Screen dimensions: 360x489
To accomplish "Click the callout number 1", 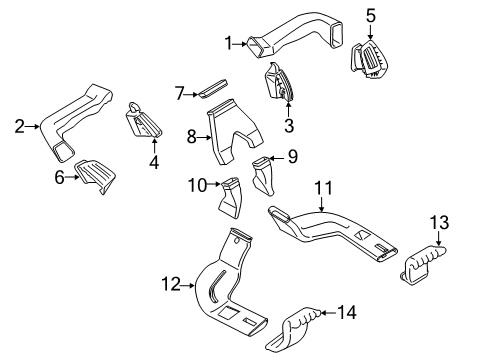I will pos(228,43).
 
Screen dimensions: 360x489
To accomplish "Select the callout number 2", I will pos(18,126).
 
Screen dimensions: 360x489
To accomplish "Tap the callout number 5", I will pos(371,16).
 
